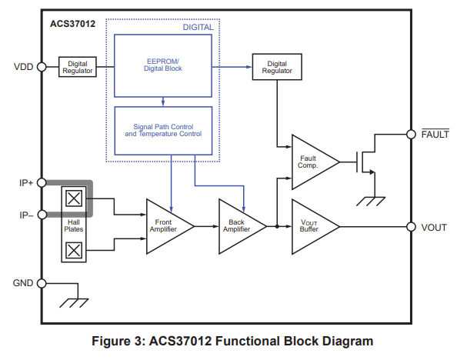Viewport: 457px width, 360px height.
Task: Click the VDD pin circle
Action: click(x=42, y=67)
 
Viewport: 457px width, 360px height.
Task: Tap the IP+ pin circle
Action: click(x=42, y=183)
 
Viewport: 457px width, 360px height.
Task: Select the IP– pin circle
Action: click(x=42, y=215)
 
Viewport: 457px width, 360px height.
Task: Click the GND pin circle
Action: click(x=42, y=283)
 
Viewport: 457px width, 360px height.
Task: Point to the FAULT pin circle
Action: click(x=411, y=135)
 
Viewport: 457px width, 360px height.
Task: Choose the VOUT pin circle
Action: click(x=411, y=226)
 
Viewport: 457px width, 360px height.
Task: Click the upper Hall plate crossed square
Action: click(x=74, y=198)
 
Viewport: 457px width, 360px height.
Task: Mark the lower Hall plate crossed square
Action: click(x=74, y=250)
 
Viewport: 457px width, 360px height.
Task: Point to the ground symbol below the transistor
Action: click(x=371, y=202)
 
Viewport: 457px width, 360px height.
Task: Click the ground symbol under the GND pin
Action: click(x=74, y=303)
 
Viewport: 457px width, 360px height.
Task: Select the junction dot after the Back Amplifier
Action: click(x=277, y=226)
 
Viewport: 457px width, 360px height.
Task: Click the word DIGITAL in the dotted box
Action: click(x=198, y=27)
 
